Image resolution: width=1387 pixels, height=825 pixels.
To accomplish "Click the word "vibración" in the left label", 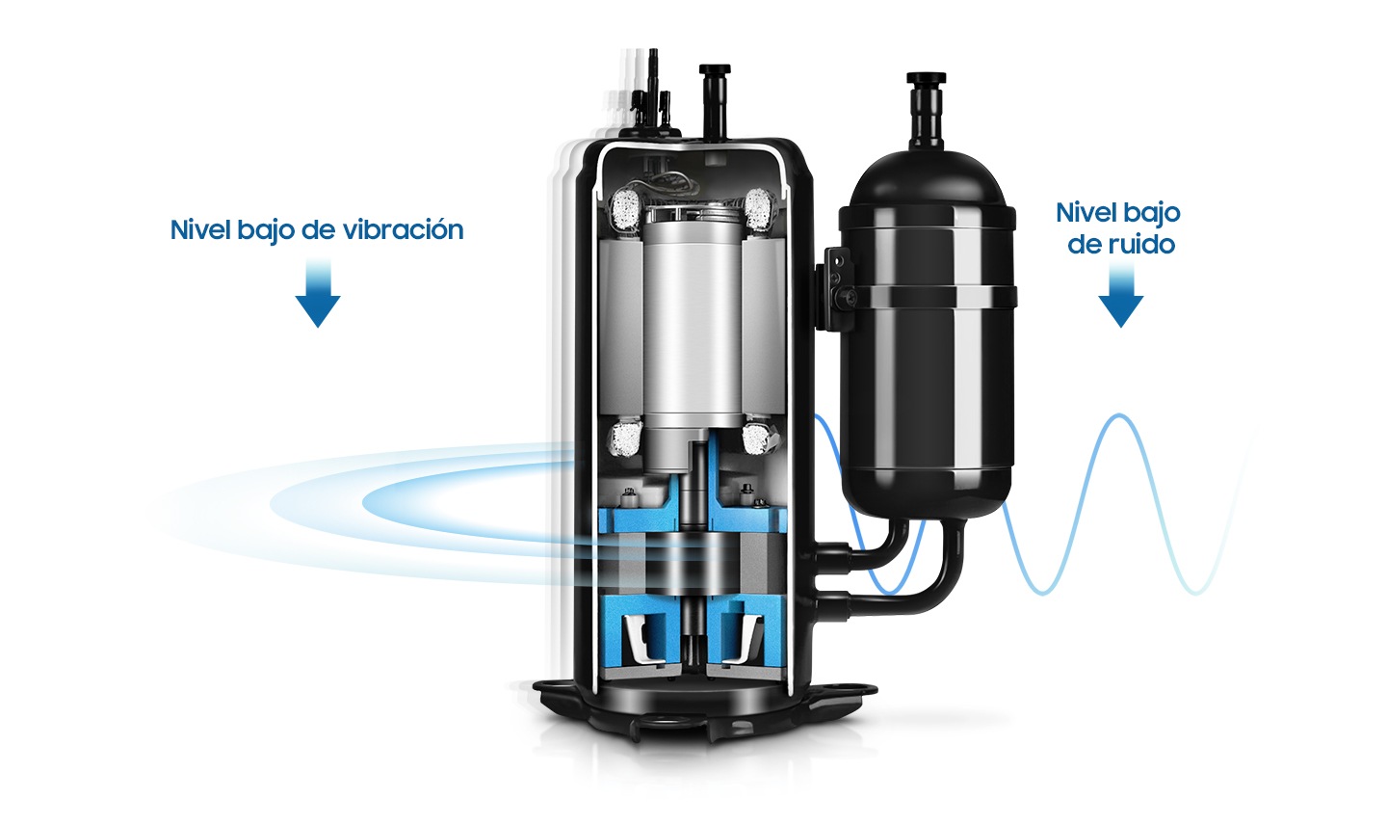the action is (403, 229).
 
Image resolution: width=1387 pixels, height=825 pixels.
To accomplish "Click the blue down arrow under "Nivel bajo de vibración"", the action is (318, 293).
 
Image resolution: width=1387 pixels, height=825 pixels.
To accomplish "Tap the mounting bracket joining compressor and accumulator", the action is (833, 288).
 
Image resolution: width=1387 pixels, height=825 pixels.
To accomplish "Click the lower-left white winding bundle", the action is (625, 438).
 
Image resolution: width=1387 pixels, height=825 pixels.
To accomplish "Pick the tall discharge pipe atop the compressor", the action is (715, 101).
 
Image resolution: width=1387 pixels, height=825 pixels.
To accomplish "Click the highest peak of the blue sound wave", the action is (1119, 415).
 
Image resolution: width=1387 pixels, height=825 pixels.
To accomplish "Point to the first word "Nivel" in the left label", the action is (200, 229).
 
